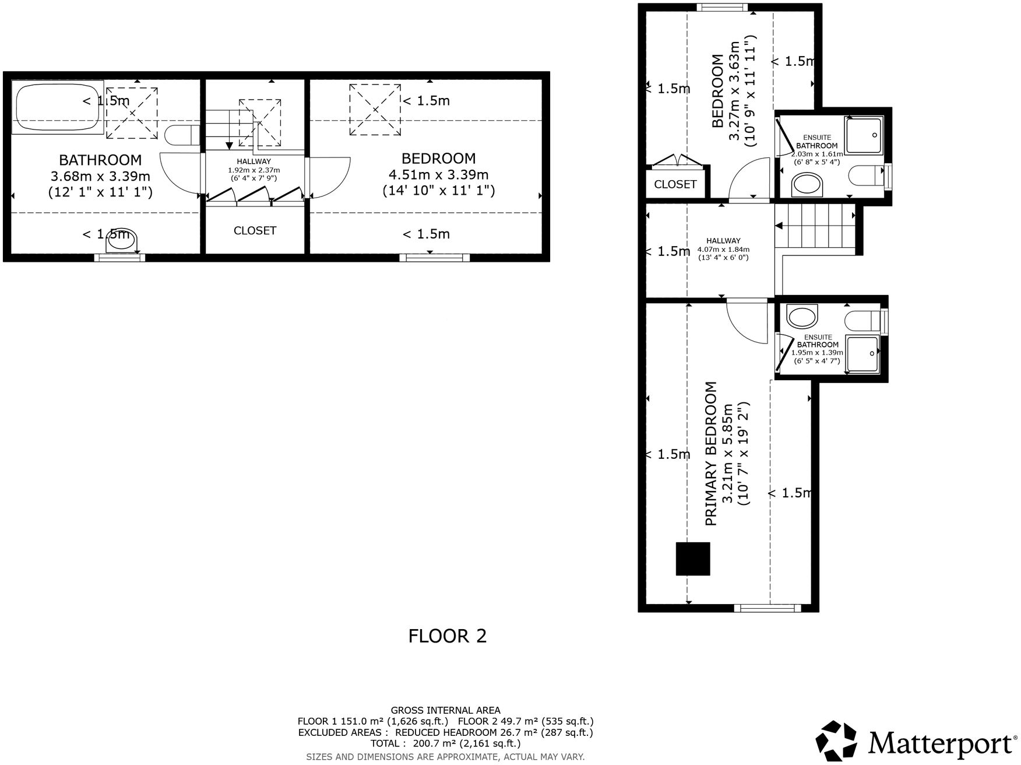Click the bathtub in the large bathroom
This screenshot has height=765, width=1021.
point(57,107)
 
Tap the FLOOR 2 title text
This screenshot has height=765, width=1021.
point(447,636)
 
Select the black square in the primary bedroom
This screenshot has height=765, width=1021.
point(693,559)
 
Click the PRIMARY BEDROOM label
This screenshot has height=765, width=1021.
point(710,454)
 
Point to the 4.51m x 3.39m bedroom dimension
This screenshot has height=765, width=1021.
point(438,174)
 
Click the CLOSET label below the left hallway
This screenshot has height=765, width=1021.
point(255,231)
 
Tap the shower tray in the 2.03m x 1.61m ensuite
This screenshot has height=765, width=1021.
point(864,135)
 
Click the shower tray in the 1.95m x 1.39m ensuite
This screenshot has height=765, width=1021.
point(862,354)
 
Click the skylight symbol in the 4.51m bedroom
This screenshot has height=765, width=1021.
point(375,109)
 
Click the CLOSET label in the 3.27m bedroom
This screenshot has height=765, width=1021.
point(675,184)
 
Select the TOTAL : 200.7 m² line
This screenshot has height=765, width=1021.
point(445,743)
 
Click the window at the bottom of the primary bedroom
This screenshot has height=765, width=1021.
point(767,608)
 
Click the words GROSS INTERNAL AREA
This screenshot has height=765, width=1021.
point(445,710)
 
